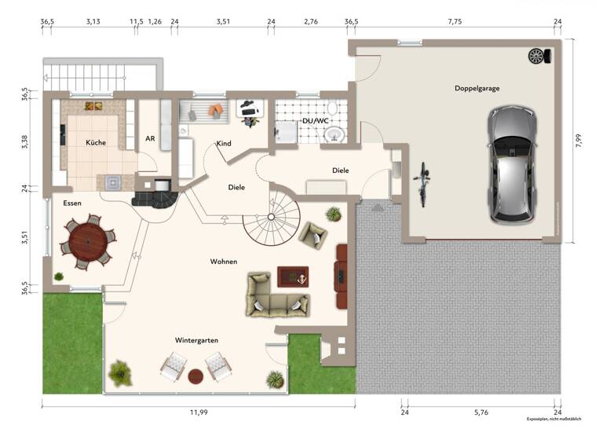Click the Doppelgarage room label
point(477,88)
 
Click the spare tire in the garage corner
point(538,56)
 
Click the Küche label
point(96,142)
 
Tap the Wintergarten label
point(196,340)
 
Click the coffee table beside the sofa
point(293,277)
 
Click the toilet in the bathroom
point(333,108)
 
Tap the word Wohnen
point(224,261)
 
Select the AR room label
point(150,138)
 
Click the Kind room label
point(224,144)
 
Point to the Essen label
point(72,203)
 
